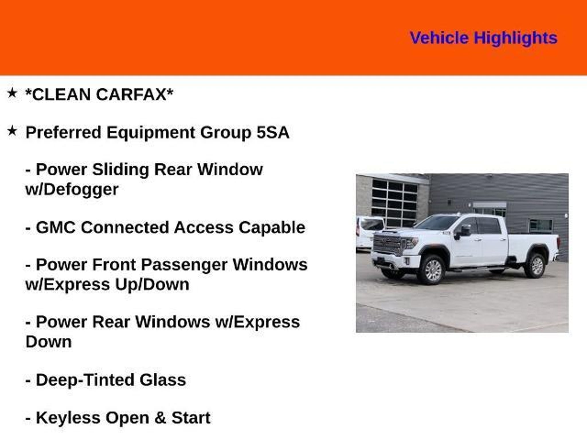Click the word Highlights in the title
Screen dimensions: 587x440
click(515, 38)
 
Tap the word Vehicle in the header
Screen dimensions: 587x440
click(439, 38)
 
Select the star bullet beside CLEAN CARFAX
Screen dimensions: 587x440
click(12, 93)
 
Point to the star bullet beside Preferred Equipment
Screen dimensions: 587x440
click(12, 131)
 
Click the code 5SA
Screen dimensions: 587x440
click(273, 132)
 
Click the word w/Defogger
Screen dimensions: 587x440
click(72, 190)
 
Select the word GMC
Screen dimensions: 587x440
click(56, 227)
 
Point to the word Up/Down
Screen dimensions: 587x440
click(152, 285)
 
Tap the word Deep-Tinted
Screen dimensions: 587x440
click(85, 380)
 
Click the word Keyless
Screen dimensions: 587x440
click(68, 418)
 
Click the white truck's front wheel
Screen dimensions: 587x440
click(431, 269)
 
